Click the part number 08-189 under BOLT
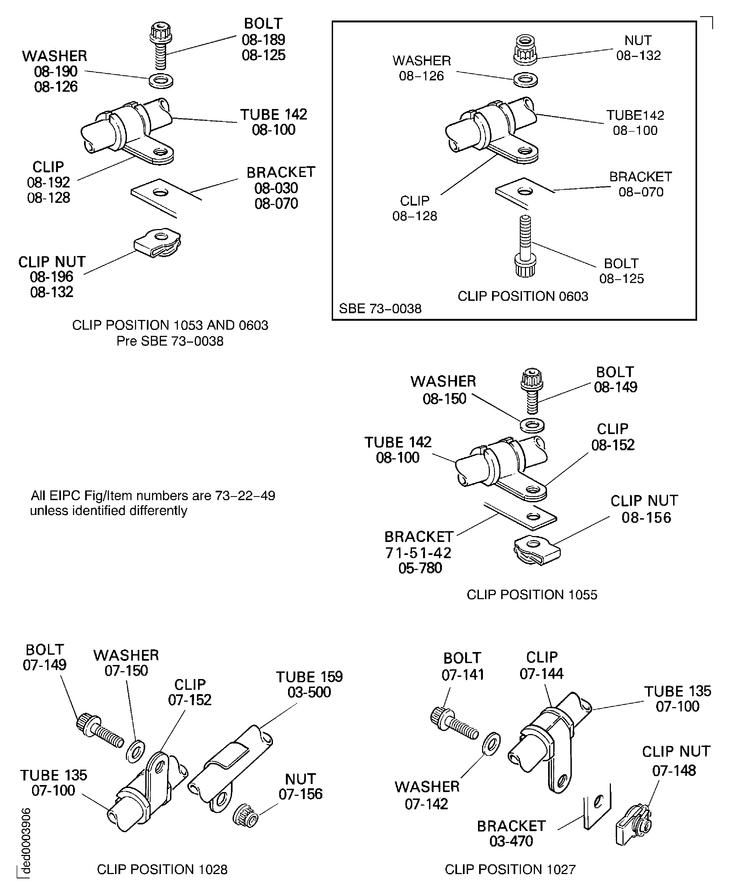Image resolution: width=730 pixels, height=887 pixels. pos(263,40)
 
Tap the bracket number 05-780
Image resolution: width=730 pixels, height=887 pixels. pos(420,568)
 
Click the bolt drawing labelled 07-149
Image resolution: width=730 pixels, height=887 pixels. pos(100,730)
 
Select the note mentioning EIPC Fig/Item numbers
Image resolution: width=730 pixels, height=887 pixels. pos(153,503)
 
